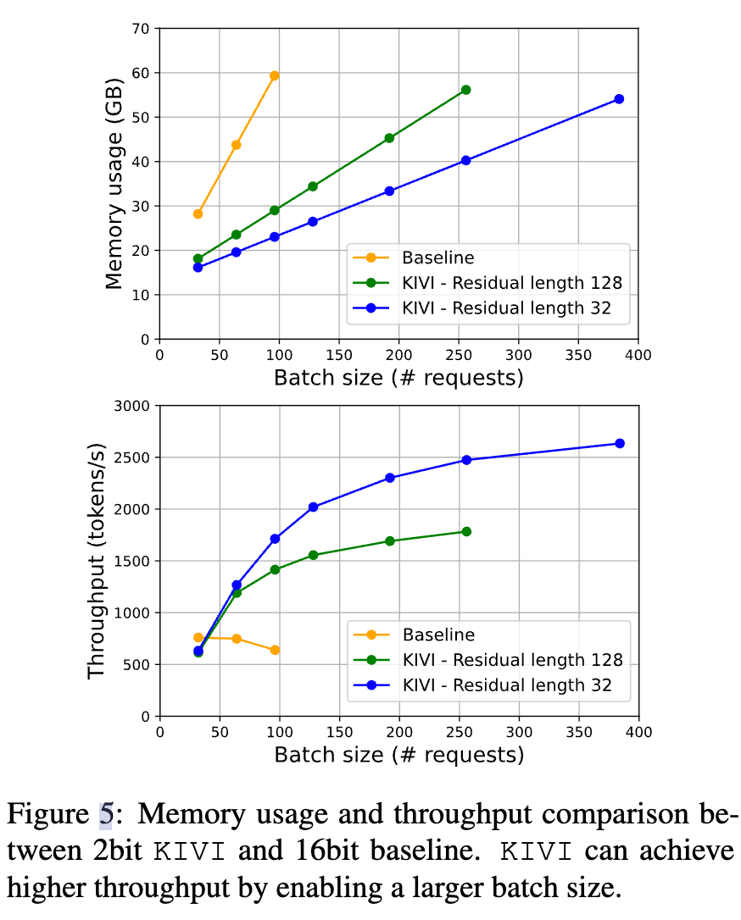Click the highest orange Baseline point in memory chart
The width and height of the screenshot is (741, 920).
[274, 75]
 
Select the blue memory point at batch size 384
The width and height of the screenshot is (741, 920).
[619, 99]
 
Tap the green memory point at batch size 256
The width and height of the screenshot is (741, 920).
[465, 90]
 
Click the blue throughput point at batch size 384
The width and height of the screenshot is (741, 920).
[619, 443]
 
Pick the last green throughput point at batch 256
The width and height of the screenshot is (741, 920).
[465, 531]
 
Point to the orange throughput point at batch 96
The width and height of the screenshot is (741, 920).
[274, 650]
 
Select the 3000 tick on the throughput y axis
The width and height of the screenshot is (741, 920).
[131, 406]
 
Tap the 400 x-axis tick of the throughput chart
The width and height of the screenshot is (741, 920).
[638, 731]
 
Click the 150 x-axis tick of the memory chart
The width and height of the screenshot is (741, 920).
[339, 354]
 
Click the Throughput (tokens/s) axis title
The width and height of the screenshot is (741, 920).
[97, 561]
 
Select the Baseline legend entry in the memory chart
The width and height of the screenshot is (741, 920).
[437, 258]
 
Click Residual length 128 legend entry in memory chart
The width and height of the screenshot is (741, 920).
[512, 283]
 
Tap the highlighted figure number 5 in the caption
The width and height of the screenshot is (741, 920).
[106, 815]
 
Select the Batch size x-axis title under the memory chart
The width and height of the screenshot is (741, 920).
[398, 377]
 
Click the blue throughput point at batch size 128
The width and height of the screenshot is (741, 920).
[313, 507]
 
